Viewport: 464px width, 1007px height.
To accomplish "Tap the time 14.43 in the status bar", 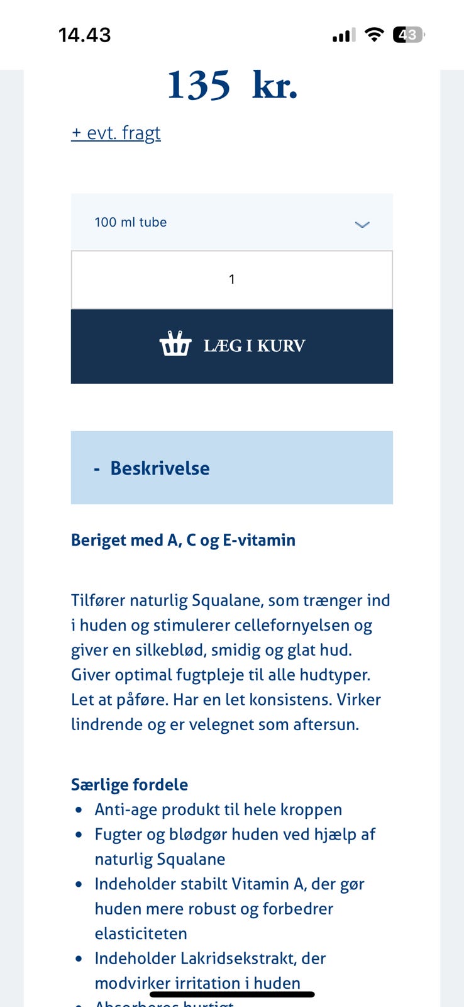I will point(84,35).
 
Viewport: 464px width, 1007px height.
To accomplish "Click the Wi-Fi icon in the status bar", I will point(374,35).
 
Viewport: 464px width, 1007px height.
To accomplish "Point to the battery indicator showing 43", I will point(408,35).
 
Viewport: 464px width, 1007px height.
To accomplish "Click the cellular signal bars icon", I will point(344,35).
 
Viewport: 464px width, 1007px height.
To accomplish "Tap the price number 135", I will point(199,86).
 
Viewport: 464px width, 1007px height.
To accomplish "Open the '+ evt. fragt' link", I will point(116,133).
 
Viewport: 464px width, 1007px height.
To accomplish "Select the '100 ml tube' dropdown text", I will point(131,222).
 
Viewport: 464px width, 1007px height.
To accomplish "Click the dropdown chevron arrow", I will point(362,224).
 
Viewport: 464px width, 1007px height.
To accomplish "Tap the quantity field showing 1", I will point(231,279).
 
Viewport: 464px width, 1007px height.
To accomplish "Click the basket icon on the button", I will point(175,345).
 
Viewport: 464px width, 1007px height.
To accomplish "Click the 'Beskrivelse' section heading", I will point(160,468).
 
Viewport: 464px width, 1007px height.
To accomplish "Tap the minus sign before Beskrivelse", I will point(97,469).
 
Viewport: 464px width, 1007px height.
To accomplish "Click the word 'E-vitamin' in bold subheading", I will point(259,540).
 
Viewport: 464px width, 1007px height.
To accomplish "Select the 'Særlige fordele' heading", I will point(130,785).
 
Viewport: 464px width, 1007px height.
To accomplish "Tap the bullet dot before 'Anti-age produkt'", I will point(79,810).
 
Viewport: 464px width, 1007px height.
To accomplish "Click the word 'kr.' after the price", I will point(275,86).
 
